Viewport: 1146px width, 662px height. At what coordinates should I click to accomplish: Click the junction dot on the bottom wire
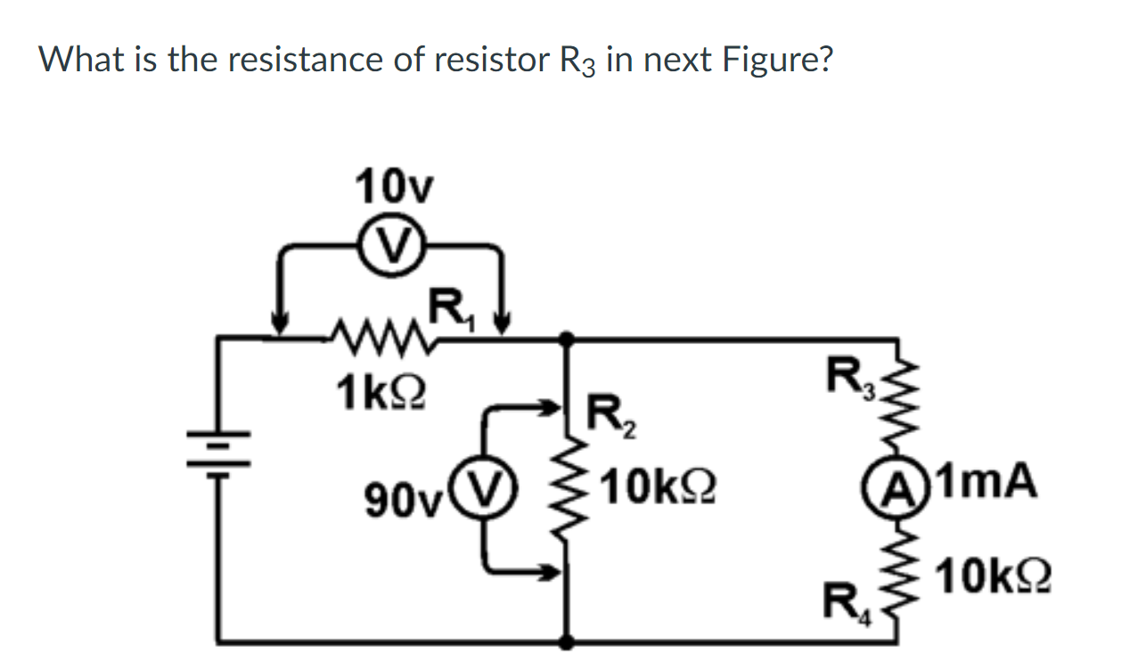[x=566, y=640]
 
